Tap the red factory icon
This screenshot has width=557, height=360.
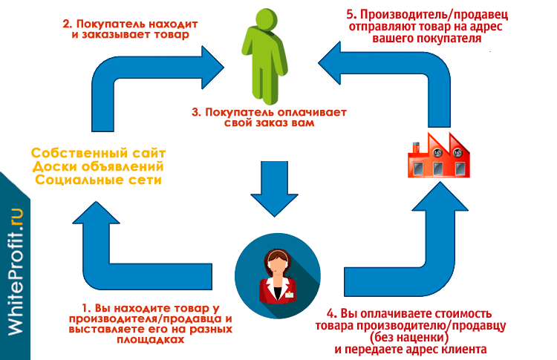(x=439, y=155)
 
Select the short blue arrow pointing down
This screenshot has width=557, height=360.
(x=274, y=189)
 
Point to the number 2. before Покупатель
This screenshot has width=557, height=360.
(x=68, y=24)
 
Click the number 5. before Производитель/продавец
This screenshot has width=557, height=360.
(x=351, y=15)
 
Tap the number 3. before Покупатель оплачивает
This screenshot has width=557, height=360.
(x=197, y=112)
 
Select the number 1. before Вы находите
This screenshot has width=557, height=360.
(x=87, y=308)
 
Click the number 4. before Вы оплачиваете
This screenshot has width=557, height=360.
(x=331, y=313)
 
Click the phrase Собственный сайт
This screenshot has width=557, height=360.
(x=98, y=154)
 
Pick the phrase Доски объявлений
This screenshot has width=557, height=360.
(x=98, y=166)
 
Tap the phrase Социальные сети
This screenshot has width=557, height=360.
(x=98, y=180)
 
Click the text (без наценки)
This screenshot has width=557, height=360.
(x=409, y=337)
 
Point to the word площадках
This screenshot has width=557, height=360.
(x=151, y=339)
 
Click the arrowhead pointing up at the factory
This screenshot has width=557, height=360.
(x=440, y=196)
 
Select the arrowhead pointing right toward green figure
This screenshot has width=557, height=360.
(x=213, y=67)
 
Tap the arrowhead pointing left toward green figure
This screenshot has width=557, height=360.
(x=329, y=63)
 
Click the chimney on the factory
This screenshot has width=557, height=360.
(x=415, y=147)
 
